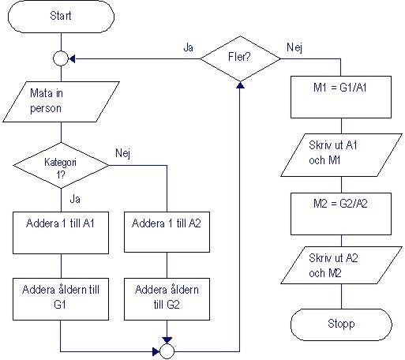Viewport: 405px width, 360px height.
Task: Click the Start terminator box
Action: point(61,16)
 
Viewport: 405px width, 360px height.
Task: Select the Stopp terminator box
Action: point(340,324)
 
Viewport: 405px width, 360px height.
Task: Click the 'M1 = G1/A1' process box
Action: point(340,86)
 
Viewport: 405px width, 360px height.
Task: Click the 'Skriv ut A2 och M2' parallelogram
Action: point(340,268)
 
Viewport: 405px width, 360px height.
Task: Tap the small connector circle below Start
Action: point(61,57)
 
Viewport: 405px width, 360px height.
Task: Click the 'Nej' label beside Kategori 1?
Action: point(122,152)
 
